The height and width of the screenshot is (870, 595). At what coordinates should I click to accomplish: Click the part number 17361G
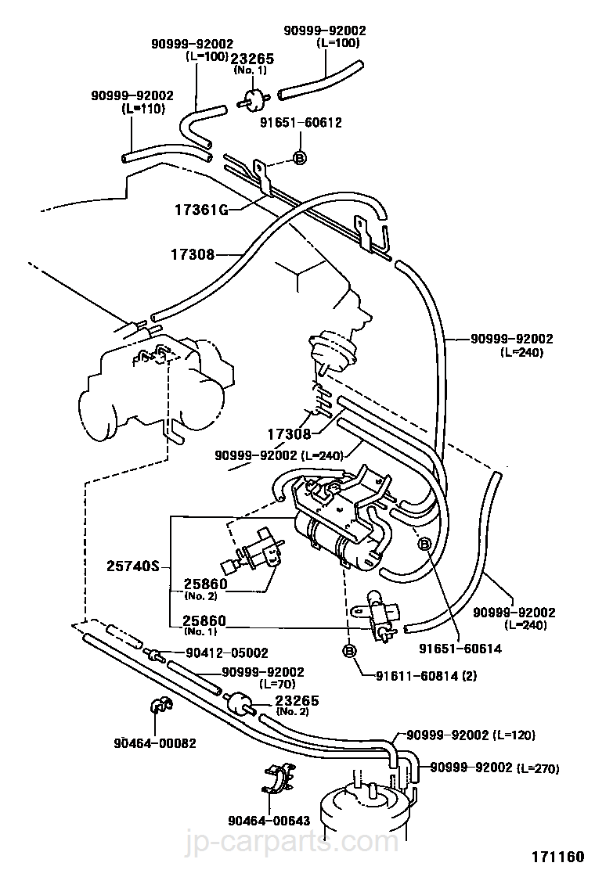(x=201, y=210)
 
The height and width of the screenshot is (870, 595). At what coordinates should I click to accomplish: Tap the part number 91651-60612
(x=301, y=122)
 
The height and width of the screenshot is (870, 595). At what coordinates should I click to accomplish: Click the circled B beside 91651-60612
(x=300, y=158)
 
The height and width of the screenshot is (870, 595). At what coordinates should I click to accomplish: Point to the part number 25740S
(x=132, y=566)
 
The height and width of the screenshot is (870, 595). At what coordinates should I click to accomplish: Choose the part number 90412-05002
(x=227, y=653)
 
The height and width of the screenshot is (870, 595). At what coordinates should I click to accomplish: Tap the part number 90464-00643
(x=269, y=820)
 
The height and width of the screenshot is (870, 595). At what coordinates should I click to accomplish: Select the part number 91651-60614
(x=460, y=648)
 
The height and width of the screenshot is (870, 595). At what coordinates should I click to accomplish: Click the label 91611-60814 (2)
(x=426, y=675)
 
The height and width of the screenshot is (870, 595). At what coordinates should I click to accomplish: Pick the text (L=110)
(x=143, y=109)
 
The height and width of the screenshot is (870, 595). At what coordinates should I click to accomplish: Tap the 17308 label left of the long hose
(x=192, y=255)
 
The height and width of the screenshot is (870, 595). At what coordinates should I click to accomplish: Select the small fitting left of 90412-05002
(x=155, y=654)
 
